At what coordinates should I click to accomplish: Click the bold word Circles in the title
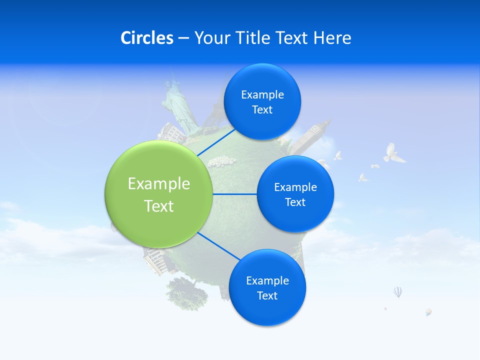[147, 38]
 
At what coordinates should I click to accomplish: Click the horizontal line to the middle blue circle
[235, 194]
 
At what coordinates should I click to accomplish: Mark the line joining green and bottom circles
[220, 246]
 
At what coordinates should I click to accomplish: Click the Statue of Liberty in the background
[177, 102]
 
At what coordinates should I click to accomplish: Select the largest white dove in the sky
[393, 153]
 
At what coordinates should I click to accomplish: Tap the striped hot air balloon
[397, 292]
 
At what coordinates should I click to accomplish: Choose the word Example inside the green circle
[159, 184]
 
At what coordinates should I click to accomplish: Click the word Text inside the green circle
[159, 206]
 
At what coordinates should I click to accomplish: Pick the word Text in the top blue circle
[262, 110]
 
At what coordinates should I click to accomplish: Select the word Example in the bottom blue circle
[267, 280]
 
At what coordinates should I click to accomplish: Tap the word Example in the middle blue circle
[295, 187]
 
